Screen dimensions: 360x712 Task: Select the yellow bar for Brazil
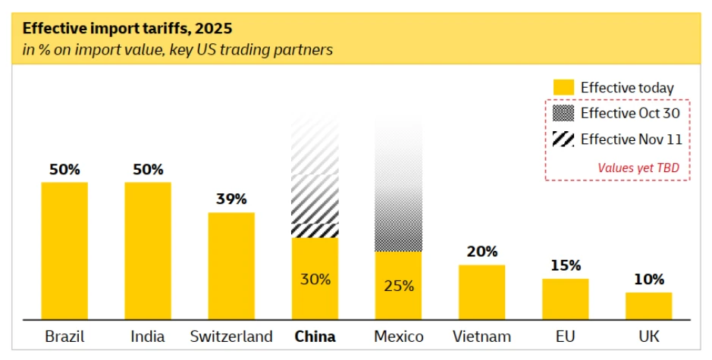click(x=64, y=250)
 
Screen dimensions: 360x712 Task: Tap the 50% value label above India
click(x=148, y=170)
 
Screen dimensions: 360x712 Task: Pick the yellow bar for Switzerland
click(x=231, y=265)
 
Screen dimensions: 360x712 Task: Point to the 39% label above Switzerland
click(x=231, y=199)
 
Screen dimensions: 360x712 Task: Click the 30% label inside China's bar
click(x=315, y=279)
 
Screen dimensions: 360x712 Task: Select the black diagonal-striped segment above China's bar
click(x=315, y=230)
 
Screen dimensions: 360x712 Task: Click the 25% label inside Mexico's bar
click(x=398, y=286)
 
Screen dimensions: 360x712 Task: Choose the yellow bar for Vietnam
click(x=481, y=292)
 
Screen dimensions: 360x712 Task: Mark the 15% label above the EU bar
click(x=565, y=266)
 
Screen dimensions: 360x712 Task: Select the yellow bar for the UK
click(x=648, y=305)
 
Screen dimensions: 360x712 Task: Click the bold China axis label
click(x=315, y=337)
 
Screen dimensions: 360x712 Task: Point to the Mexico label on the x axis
click(x=399, y=337)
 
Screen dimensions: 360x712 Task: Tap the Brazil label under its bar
click(x=64, y=337)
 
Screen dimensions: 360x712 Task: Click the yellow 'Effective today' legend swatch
click(x=563, y=88)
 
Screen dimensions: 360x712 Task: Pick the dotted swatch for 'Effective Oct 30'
click(x=563, y=114)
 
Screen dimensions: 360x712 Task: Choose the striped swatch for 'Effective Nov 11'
click(x=563, y=139)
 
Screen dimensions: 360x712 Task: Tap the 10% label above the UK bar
click(x=648, y=279)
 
